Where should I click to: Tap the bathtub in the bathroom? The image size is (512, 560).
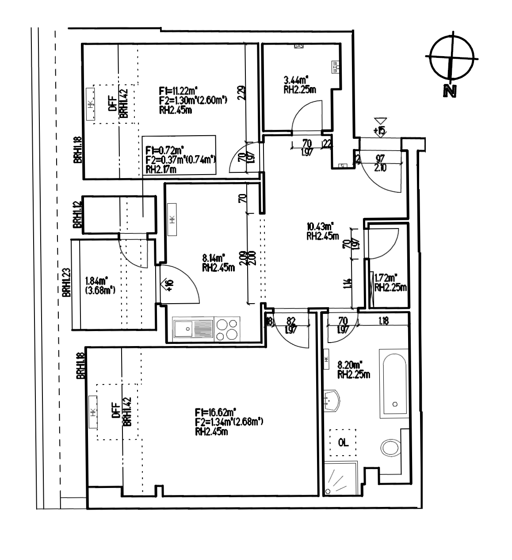coord(394,383)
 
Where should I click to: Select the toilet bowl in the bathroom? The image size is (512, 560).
coord(391,447)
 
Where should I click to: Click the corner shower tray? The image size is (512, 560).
coord(341,479)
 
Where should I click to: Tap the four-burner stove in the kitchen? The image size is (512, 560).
coord(226,329)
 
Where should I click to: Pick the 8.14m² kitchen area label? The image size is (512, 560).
coord(214,256)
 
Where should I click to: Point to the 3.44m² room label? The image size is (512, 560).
coord(296,80)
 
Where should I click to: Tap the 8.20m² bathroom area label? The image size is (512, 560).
coord(350,365)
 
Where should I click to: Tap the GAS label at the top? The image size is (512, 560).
coord(299,46)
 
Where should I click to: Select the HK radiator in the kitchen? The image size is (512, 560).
coord(172,218)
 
